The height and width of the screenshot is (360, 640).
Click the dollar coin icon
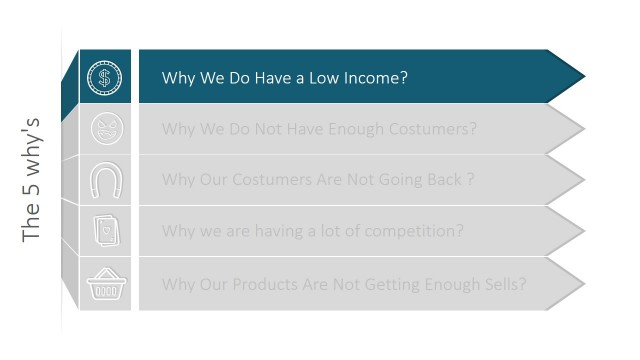[x=105, y=77]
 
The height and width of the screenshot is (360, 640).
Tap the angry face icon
[x=105, y=129]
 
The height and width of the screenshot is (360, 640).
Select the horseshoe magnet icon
[x=105, y=180]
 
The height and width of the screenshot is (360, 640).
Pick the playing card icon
[x=105, y=231]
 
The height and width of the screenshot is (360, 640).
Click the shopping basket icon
[x=105, y=284]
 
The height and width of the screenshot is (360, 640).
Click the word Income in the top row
[x=374, y=77]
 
